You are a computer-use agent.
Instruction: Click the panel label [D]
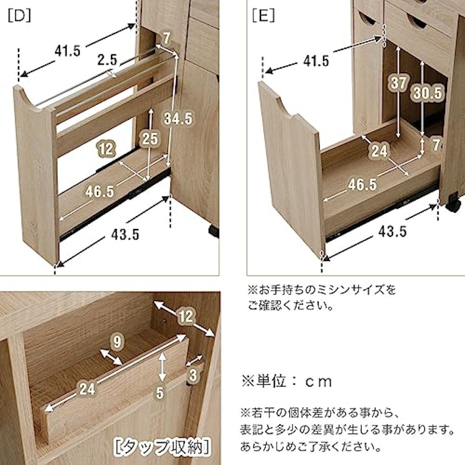[x=19, y=16]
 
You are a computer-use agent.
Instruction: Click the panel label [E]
[x=263, y=16]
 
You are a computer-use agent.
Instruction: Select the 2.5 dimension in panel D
[x=108, y=60]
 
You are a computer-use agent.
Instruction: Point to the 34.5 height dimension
[x=178, y=119]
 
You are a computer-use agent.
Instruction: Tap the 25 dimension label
[x=150, y=138]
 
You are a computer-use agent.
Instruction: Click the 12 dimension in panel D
[x=106, y=148]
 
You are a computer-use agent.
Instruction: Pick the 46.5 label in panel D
[x=99, y=192]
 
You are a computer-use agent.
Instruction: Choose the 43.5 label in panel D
[x=125, y=235]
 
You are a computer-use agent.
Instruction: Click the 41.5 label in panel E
[x=316, y=61]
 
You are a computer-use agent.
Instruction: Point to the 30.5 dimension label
[x=428, y=93]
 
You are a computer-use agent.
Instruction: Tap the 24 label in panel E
[x=380, y=151]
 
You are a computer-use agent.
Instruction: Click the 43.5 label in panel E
[x=392, y=231]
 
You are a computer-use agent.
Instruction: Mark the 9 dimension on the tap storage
[x=117, y=342]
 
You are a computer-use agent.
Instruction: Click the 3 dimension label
[x=193, y=375]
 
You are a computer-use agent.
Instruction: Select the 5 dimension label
[x=160, y=393]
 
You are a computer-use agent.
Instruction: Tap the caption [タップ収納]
[x=162, y=447]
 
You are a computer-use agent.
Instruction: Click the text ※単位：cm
[x=287, y=381]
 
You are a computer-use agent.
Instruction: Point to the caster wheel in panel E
[x=453, y=202]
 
